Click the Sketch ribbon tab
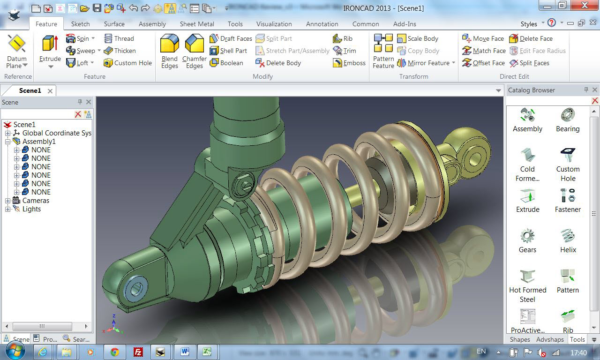click(80, 24)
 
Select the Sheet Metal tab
click(197, 24)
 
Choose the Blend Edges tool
click(170, 51)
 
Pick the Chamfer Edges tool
click(194, 51)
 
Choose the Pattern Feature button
click(383, 51)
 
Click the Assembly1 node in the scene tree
click(39, 142)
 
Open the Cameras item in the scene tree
click(36, 201)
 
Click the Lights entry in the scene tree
click(31, 209)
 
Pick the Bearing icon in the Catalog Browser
click(568, 120)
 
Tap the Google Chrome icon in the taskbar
click(114, 352)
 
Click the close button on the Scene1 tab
click(50, 90)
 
